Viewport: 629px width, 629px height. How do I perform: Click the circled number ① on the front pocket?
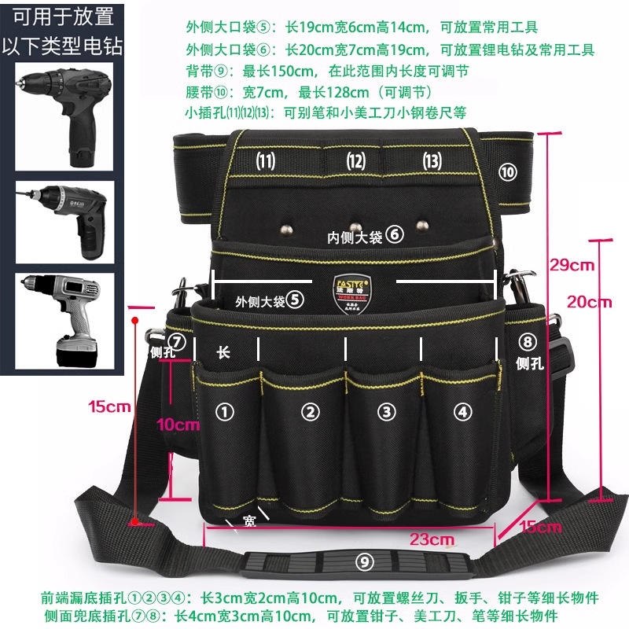click(x=226, y=410)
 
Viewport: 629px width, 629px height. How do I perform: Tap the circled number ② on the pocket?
click(x=311, y=410)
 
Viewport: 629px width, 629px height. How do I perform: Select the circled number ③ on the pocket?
click(x=385, y=410)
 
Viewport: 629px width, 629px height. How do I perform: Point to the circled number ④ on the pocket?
click(x=462, y=410)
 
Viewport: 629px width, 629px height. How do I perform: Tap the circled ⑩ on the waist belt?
click(x=508, y=171)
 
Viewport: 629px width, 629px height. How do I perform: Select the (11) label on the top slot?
click(x=266, y=161)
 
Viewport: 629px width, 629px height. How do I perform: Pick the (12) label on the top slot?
click(x=356, y=161)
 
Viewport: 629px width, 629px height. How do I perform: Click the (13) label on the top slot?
click(x=432, y=161)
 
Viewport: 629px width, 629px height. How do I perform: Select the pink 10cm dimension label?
click(x=177, y=425)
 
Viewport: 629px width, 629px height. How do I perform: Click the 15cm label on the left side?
click(x=109, y=406)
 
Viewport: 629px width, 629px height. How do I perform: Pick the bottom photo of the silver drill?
click(x=64, y=319)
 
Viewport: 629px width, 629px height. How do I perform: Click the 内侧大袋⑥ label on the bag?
click(x=366, y=234)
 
